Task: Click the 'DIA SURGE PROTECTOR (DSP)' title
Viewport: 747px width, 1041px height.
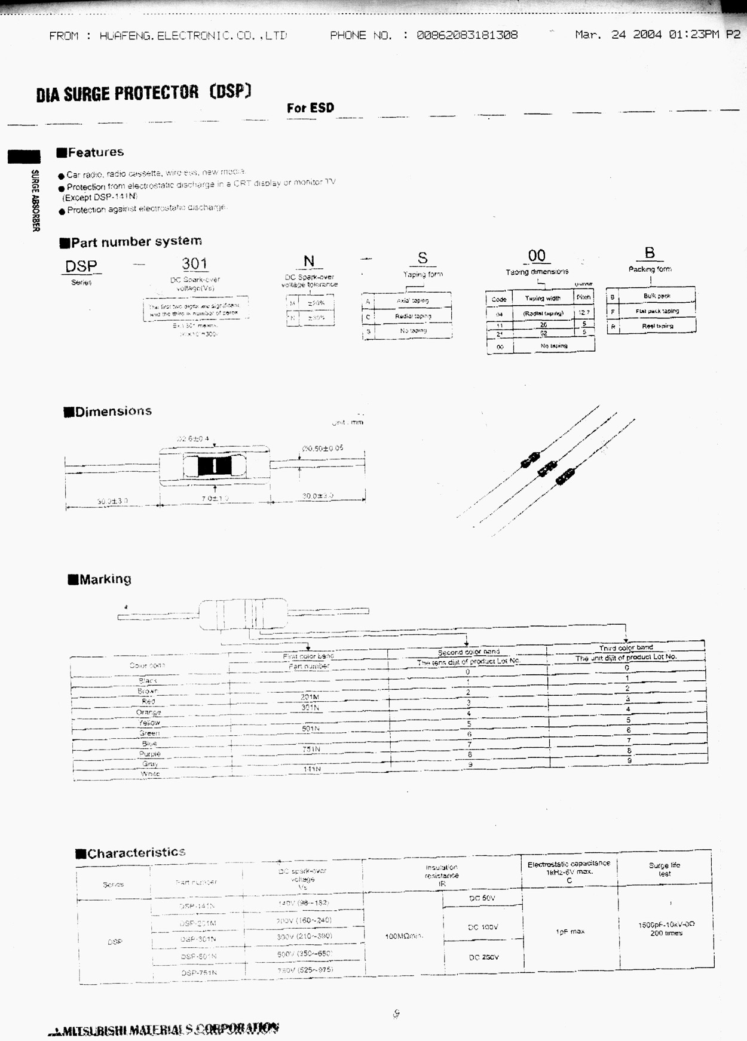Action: pos(143,93)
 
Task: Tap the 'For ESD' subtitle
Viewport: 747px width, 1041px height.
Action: pos(310,108)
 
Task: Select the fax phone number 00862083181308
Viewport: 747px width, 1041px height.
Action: pos(467,35)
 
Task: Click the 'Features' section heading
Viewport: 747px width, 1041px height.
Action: pos(96,152)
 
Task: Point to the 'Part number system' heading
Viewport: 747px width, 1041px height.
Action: pos(136,242)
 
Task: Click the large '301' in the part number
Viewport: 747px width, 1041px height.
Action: pos(194,263)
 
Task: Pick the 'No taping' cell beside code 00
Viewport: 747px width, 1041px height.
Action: pos(553,346)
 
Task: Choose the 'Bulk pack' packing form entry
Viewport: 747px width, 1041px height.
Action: pos(656,296)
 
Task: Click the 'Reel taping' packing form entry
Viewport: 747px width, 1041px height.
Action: pos(657,326)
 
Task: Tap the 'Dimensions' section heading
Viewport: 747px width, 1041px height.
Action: pos(113,412)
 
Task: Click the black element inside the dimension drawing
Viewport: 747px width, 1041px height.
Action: pos(214,465)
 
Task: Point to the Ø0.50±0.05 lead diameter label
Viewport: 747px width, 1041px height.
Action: pos(323,448)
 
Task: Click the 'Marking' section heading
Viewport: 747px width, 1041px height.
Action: pos(105,579)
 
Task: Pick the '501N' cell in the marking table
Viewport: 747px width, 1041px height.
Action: pos(310,729)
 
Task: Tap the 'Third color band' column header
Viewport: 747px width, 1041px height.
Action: pos(626,647)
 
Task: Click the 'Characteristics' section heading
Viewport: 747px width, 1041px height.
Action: pos(136,853)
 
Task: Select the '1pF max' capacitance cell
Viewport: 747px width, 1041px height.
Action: pos(570,932)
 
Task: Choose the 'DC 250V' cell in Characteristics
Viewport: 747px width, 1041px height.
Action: pos(483,957)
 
